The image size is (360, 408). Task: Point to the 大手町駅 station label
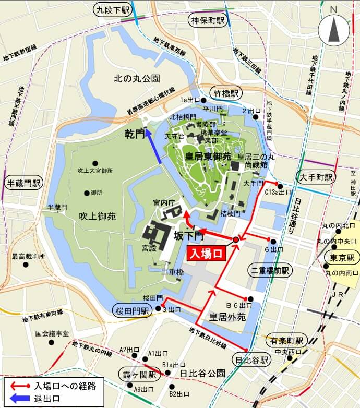click(x=315, y=177)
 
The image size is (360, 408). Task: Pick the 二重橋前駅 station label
click(x=270, y=271)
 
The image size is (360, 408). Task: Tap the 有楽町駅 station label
click(x=287, y=341)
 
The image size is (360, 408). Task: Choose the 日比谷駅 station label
click(x=252, y=360)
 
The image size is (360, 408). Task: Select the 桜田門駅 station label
click(x=131, y=311)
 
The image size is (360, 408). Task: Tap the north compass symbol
click(x=334, y=29)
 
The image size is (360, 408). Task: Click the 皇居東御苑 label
click(x=207, y=156)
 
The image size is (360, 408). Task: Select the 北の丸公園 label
click(x=137, y=78)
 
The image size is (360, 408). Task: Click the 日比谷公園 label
click(x=202, y=374)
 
